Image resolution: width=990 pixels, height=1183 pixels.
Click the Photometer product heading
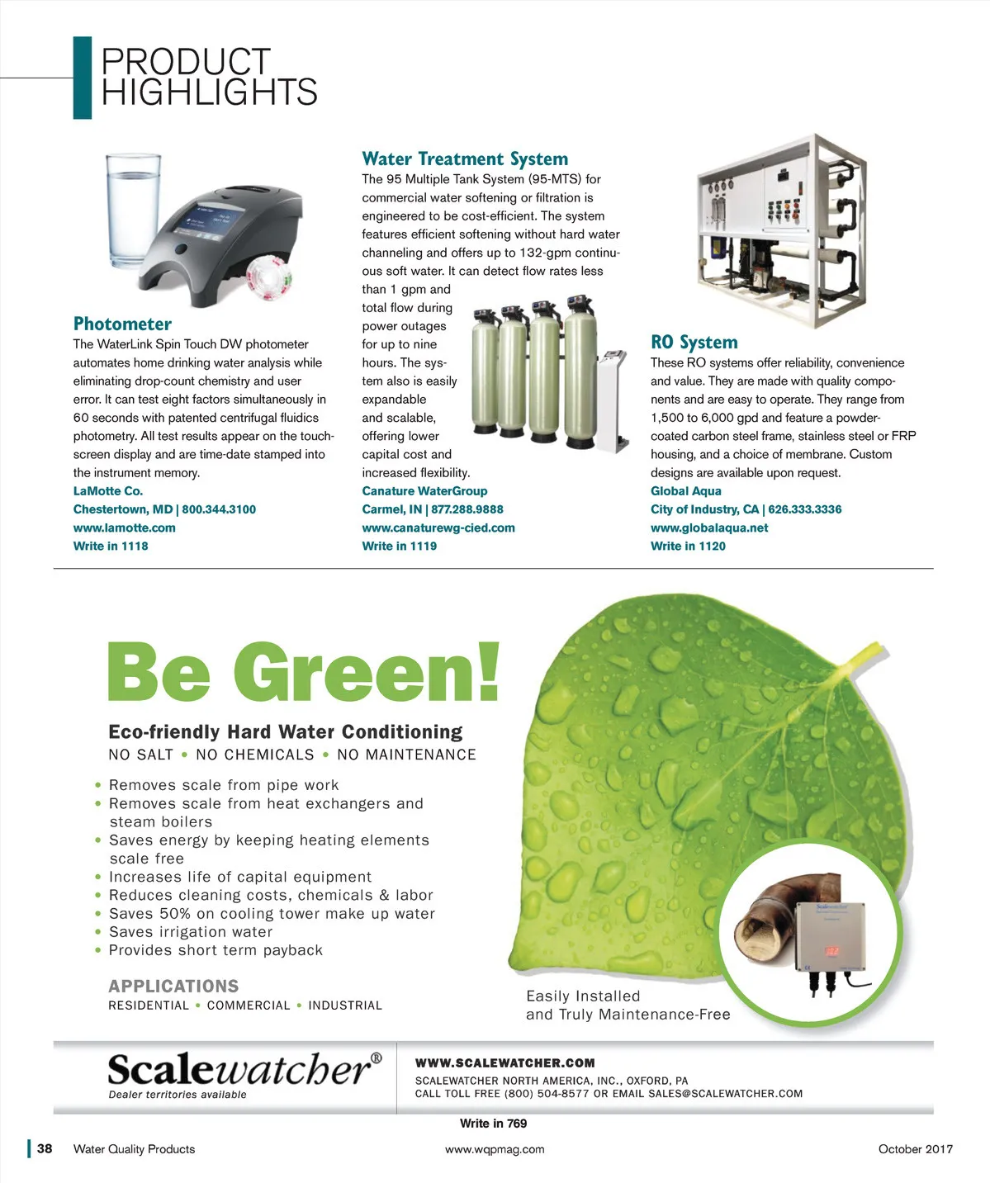click(x=122, y=324)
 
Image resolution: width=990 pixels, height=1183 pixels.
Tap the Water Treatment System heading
click(x=465, y=159)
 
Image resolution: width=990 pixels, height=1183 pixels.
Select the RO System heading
click(x=694, y=343)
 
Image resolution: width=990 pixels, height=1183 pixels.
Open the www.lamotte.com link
click(x=124, y=528)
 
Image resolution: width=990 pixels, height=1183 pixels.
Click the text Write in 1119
click(x=399, y=547)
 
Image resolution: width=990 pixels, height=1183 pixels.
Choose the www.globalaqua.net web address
click(x=708, y=528)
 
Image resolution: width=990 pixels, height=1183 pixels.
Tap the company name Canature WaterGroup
click(x=424, y=491)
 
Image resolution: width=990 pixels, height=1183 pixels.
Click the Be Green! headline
click(x=304, y=673)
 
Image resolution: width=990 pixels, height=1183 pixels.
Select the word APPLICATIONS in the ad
click(x=173, y=987)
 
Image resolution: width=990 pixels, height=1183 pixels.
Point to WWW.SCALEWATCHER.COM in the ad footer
click(x=504, y=1063)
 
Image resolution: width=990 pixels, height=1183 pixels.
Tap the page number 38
click(x=45, y=1148)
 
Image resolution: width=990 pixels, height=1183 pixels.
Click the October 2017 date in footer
click(x=915, y=1149)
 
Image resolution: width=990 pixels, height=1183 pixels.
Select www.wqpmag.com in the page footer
click(x=495, y=1149)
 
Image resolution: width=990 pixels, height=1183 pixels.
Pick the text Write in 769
click(x=493, y=1124)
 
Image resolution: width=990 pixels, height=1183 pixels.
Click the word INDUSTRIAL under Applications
click(x=345, y=1006)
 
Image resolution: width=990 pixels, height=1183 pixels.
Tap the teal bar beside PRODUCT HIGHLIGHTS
click(x=82, y=78)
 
